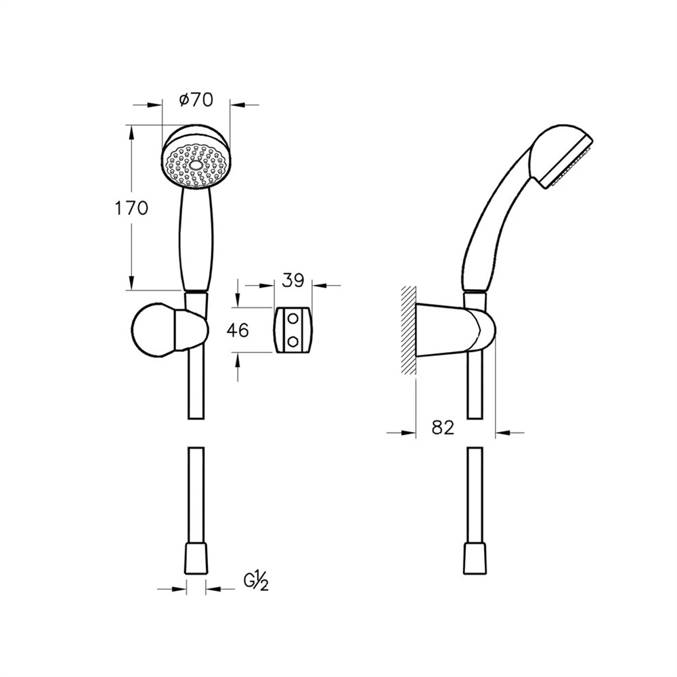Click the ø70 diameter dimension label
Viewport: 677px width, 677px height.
point(196,100)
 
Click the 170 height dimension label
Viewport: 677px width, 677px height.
point(131,208)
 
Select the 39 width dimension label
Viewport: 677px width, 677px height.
point(293,280)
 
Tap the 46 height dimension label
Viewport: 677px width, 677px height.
point(238,330)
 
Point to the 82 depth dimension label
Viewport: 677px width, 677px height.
point(443,427)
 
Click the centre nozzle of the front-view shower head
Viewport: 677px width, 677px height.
point(196,166)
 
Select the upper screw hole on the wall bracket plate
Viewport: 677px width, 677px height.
point(292,319)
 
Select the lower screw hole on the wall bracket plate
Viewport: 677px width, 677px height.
point(292,341)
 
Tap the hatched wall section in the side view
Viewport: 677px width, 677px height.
point(408,330)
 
